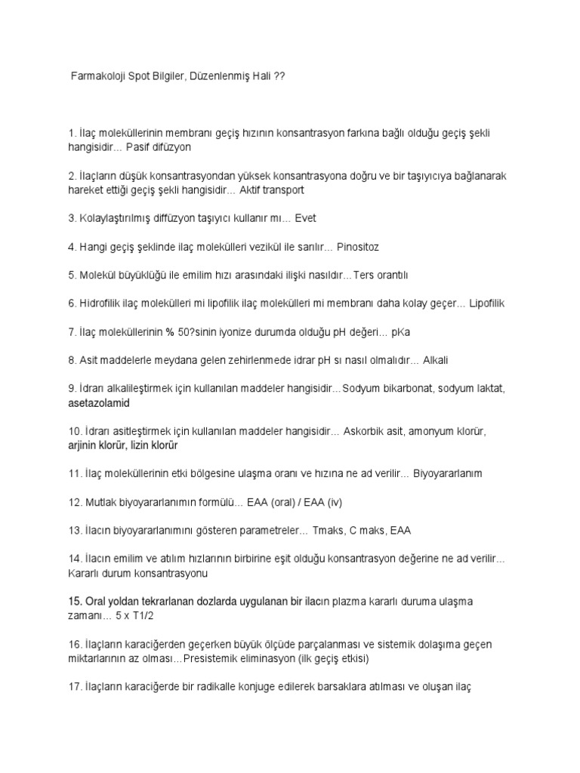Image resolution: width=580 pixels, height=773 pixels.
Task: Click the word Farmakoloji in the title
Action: coord(97,79)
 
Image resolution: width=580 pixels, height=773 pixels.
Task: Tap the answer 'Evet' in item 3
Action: coord(307,218)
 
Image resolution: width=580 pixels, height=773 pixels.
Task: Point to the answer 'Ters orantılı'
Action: coord(387,275)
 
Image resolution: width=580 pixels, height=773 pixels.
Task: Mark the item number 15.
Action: coord(76,601)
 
